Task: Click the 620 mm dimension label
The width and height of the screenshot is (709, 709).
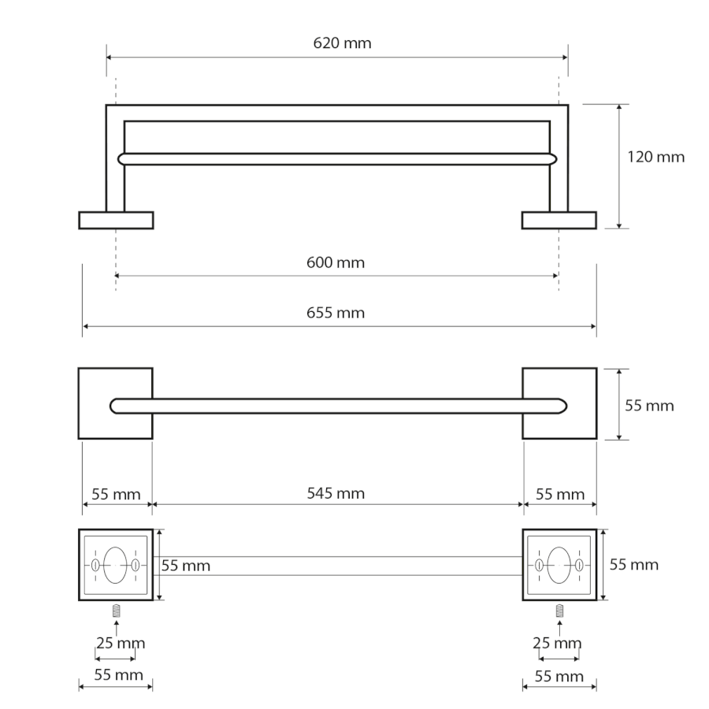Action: click(343, 43)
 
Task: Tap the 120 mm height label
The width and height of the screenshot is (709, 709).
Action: click(655, 157)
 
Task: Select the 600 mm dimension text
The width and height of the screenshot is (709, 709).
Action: click(336, 262)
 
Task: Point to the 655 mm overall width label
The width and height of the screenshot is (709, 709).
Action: click(336, 313)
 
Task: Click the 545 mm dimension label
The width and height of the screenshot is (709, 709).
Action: click(336, 493)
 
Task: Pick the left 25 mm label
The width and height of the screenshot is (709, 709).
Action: click(121, 643)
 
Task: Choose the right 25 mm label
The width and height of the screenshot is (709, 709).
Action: click(557, 643)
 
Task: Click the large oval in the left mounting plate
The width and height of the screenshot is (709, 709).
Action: click(115, 565)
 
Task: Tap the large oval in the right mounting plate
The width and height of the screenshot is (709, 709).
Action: click(559, 565)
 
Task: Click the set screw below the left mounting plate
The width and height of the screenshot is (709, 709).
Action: click(117, 611)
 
